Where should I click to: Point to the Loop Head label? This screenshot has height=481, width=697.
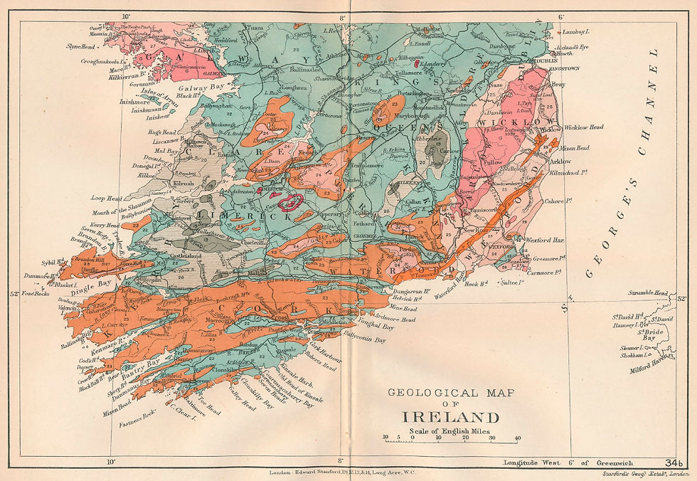(107, 199)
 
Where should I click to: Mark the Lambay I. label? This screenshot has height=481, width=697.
(575, 32)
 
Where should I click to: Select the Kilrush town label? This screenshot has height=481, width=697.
(183, 182)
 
